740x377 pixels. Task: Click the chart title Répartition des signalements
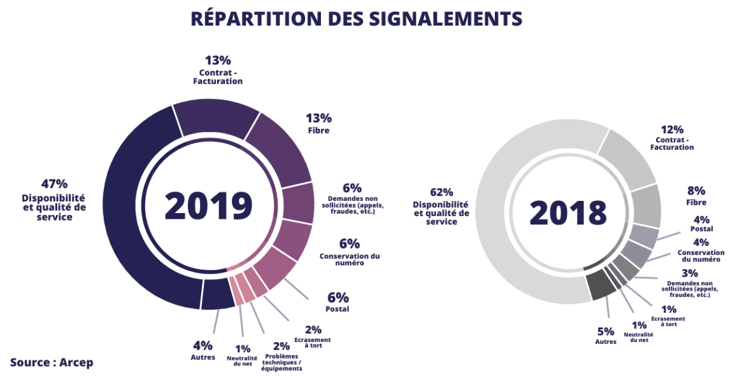357,18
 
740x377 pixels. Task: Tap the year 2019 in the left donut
208,205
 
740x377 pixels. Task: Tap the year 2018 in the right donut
568,212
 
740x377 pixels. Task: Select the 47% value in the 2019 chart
54,184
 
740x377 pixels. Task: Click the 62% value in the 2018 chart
441,192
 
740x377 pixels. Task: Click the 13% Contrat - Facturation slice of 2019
217,118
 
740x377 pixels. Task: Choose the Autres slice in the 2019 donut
217,294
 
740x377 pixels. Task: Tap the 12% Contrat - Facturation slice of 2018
627,156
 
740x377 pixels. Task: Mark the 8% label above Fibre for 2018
696,190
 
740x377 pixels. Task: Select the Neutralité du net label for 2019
242,360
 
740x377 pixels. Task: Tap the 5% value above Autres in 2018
606,331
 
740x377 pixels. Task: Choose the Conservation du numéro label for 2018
701,256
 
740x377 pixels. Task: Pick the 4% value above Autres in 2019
203,346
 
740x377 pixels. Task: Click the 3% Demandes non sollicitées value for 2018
690,273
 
